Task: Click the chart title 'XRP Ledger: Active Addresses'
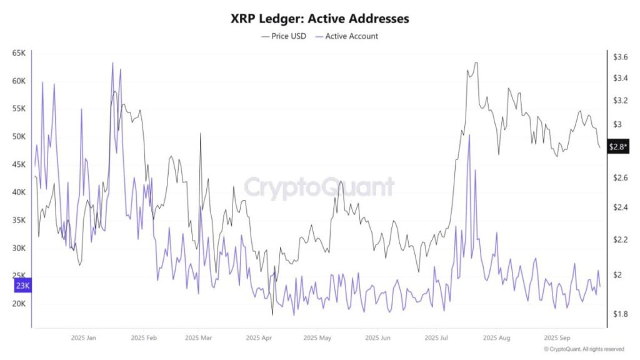[319, 19]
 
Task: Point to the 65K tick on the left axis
[18, 53]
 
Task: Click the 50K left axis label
[18, 136]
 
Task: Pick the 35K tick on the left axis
[18, 220]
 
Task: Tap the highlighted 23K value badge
[22, 286]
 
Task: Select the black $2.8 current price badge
[618, 147]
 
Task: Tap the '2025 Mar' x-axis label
[199, 337]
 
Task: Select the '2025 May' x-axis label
[317, 337]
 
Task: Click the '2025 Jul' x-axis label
[436, 337]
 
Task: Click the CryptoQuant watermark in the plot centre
[319, 187]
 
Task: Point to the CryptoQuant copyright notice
[584, 349]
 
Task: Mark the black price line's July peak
[476, 62]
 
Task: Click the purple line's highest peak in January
[112, 62]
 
